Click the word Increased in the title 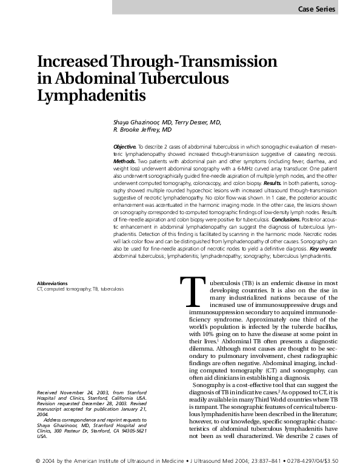point(71,62)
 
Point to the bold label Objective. point(125,147)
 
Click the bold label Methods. point(127,163)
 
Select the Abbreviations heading point(52,283)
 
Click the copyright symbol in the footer point(39,460)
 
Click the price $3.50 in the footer point(344,460)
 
